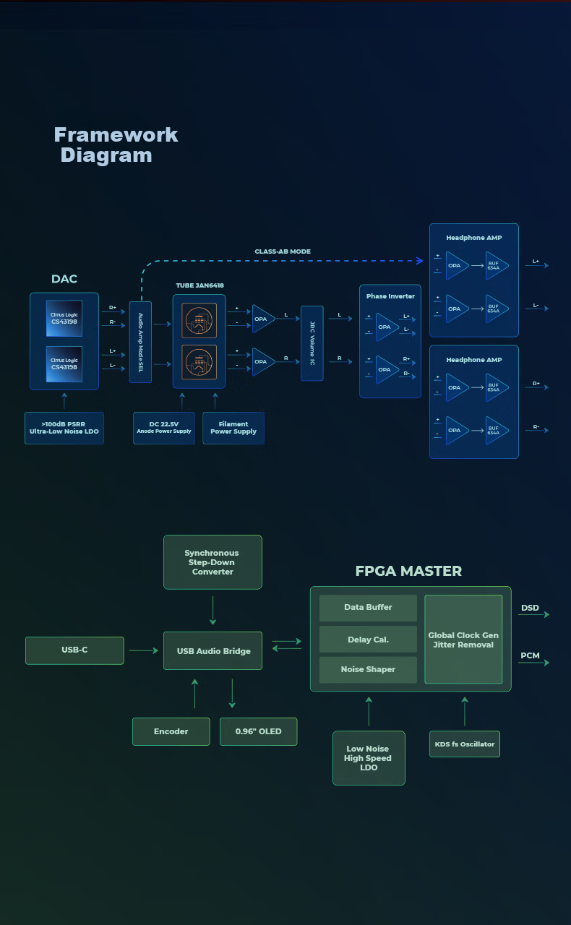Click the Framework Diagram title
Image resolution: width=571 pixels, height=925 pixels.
(116, 145)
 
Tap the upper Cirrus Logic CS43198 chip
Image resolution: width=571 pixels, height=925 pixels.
(64, 318)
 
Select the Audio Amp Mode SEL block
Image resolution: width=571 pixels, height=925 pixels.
(140, 342)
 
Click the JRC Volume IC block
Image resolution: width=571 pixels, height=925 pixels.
(312, 343)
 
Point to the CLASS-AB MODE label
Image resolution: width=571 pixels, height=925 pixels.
(283, 251)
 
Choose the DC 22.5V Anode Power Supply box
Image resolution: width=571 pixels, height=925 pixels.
(164, 428)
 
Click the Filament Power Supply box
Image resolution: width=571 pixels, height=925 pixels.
(233, 428)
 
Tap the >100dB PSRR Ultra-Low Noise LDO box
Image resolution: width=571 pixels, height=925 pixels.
(64, 428)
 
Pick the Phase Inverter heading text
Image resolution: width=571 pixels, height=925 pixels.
(390, 296)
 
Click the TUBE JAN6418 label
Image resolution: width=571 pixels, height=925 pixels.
(200, 285)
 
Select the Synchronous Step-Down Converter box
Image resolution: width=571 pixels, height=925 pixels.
(212, 562)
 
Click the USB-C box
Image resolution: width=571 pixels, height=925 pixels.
(74, 650)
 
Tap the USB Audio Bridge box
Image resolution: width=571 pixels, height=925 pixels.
(212, 651)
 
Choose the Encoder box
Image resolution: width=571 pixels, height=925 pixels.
(171, 731)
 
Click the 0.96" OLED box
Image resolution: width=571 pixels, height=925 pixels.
(259, 731)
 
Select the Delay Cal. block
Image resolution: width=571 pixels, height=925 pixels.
(368, 640)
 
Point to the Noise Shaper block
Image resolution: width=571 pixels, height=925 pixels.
(368, 669)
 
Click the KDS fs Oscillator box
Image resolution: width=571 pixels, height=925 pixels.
(465, 744)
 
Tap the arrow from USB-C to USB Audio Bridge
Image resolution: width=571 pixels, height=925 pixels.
(143, 650)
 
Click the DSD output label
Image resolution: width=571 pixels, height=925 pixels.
(530, 608)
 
